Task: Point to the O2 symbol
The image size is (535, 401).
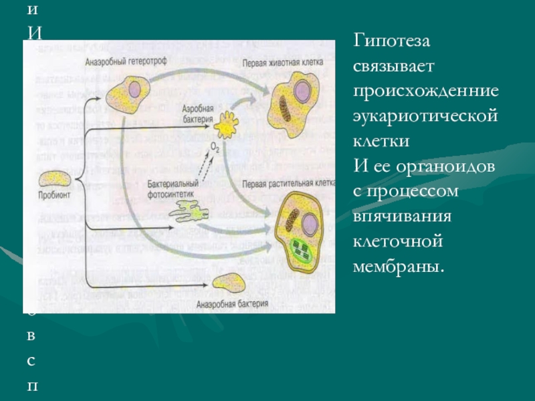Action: point(215,146)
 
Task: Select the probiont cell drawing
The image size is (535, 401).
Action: point(55,179)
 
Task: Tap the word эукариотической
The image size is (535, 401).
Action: point(426,116)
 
